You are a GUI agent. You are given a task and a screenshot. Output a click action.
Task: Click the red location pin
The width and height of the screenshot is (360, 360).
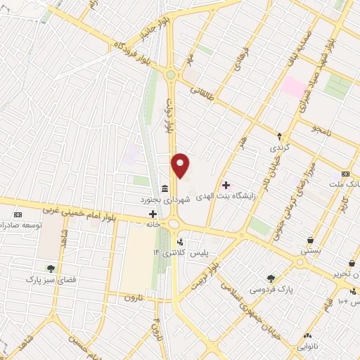(x=181, y=165)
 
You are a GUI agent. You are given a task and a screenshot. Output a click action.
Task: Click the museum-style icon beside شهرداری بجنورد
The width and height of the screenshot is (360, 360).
(x=164, y=188)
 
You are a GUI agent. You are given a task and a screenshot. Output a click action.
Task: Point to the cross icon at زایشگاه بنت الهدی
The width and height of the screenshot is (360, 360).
(x=226, y=186)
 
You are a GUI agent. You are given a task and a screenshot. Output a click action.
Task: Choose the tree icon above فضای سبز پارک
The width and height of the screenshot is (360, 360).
(x=51, y=267)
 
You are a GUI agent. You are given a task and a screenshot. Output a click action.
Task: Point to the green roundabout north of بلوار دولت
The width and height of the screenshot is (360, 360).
(x=169, y=75)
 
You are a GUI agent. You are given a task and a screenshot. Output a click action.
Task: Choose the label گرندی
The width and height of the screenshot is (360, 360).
(x=278, y=149)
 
